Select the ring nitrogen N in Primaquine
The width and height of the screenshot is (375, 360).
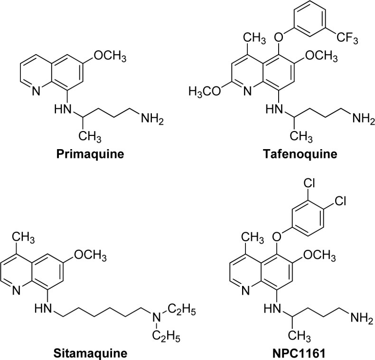(24, 90)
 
